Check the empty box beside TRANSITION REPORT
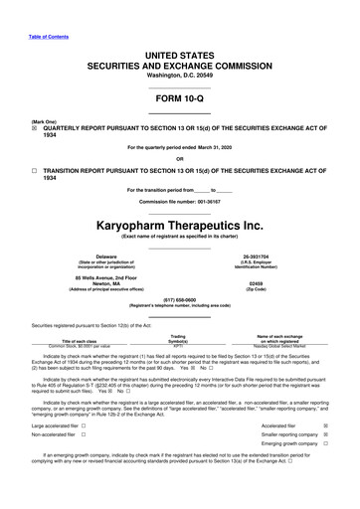tap(36, 171)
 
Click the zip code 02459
tap(257, 282)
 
